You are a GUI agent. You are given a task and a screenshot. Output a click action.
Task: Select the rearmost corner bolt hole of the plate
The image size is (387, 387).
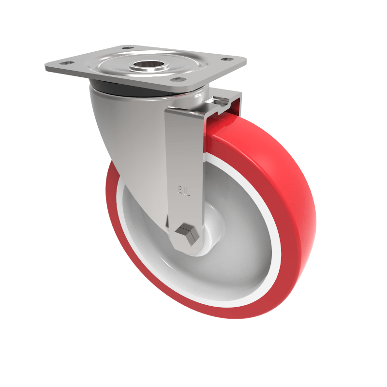pos(128,48)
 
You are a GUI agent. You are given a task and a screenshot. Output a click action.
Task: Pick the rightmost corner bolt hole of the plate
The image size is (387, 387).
pos(225,60)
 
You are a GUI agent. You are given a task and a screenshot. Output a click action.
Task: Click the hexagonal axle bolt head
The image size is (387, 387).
pos(187,233)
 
